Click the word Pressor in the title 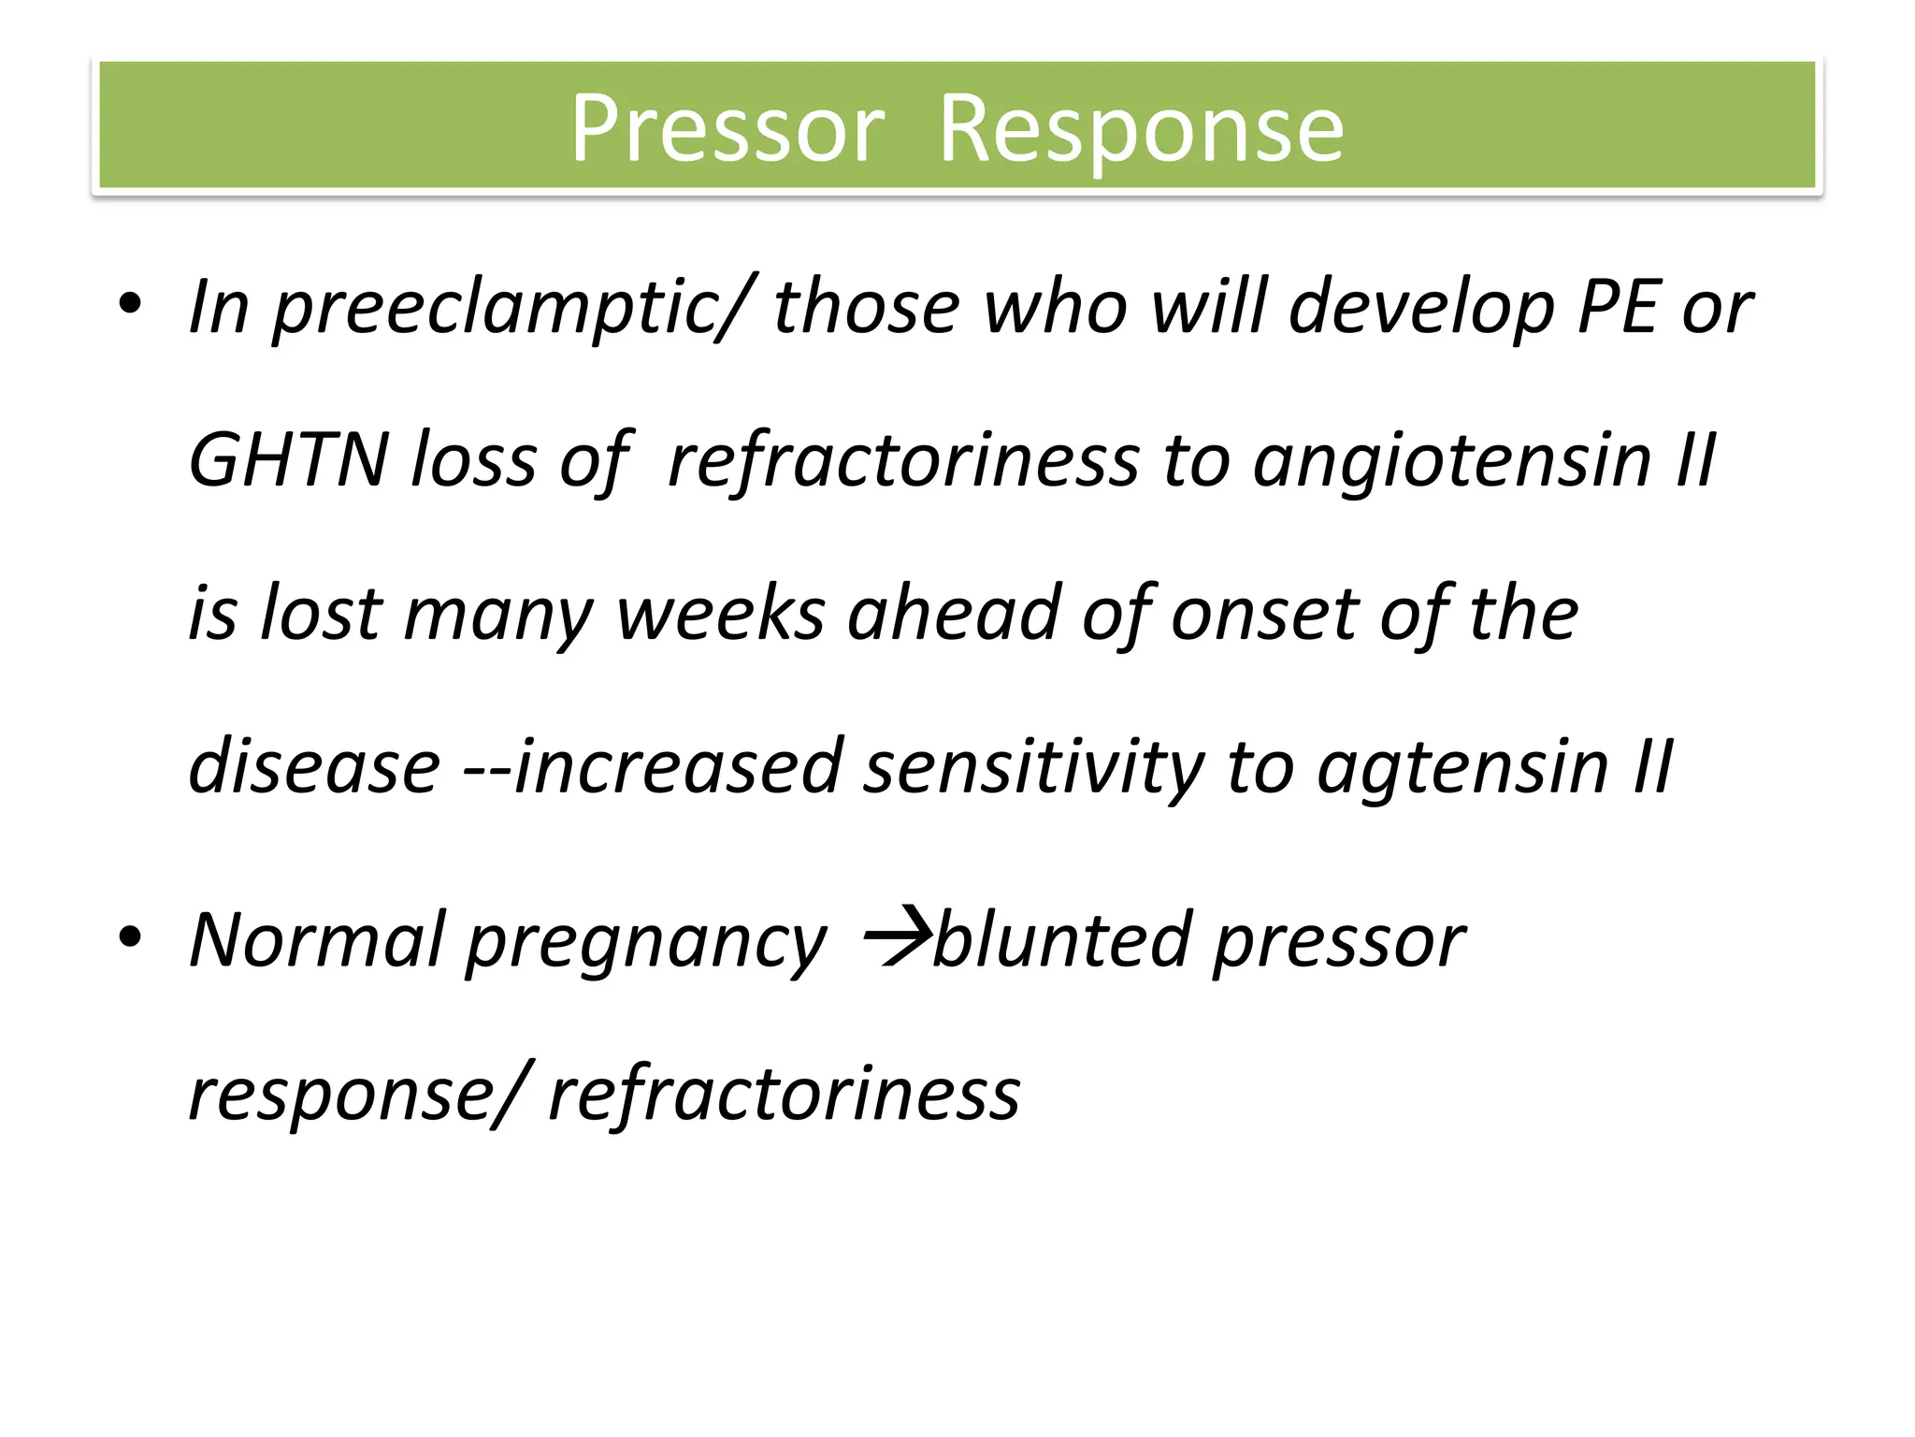click(727, 128)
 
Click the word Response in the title click(1141, 128)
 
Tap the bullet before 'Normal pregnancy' click(130, 935)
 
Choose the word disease click(314, 766)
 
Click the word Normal click(318, 939)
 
